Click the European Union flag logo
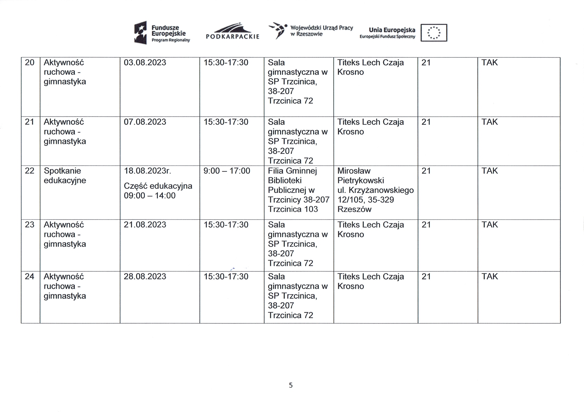tap(434, 33)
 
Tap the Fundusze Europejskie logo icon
tap(140, 33)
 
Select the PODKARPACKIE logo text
tap(233, 37)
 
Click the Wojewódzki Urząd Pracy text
tap(322, 28)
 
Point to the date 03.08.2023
tap(145, 63)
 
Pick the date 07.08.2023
tap(145, 122)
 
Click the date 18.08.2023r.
tap(148, 171)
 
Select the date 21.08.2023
tap(145, 225)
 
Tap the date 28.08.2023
tap(145, 276)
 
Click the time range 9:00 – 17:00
tap(227, 171)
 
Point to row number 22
tap(30, 171)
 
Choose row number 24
tap(30, 276)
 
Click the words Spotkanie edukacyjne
tap(65, 176)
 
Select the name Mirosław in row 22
tap(354, 171)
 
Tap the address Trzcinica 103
tap(293, 209)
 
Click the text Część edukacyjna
tap(158, 186)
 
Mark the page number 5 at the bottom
tap(291, 385)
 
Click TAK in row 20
tap(489, 63)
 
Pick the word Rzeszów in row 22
tap(354, 209)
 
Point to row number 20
tap(30, 63)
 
